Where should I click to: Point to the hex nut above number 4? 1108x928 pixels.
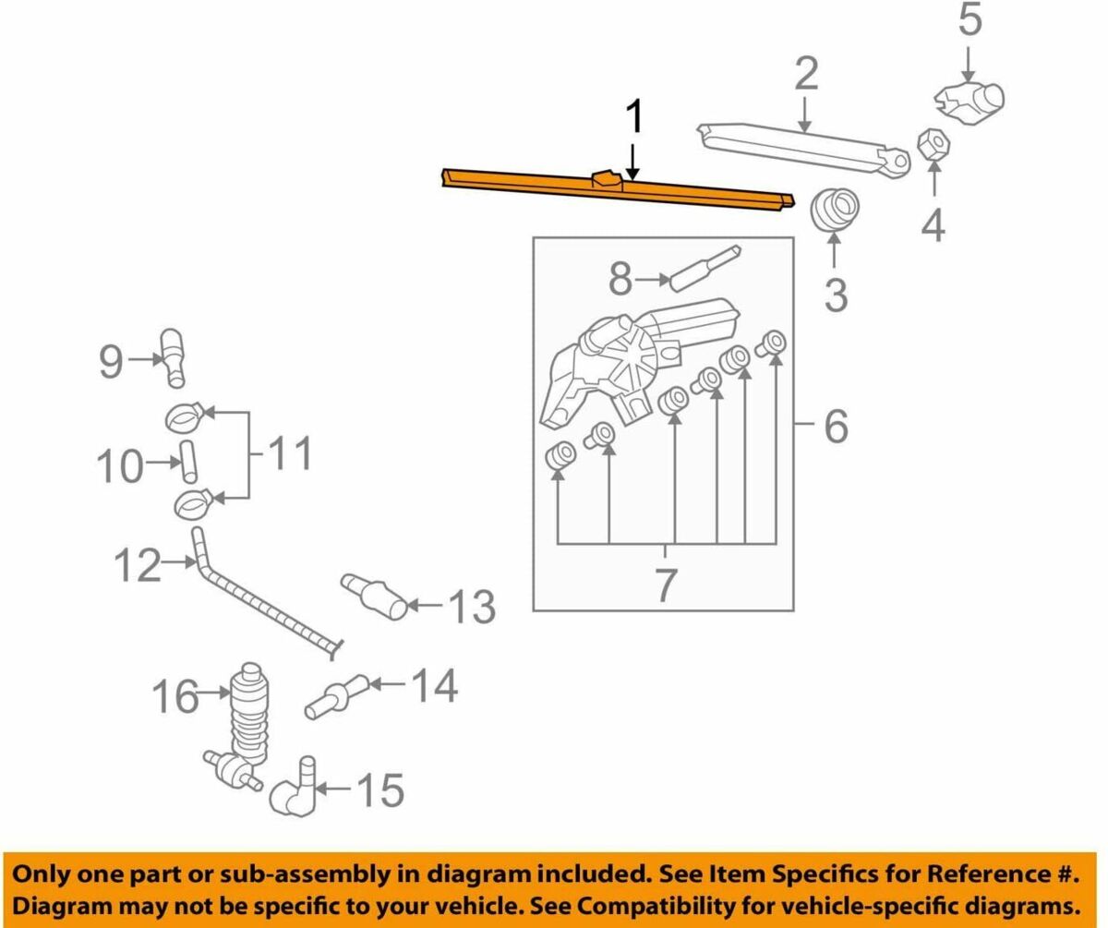click(x=933, y=143)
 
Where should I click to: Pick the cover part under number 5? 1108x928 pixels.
click(x=969, y=104)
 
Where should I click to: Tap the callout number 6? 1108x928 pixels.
click(x=836, y=427)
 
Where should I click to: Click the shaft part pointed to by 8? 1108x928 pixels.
click(x=705, y=268)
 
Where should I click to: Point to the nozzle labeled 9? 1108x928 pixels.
click(x=173, y=357)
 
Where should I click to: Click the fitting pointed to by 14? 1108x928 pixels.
click(x=336, y=696)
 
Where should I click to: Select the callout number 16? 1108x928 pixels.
click(x=175, y=696)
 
